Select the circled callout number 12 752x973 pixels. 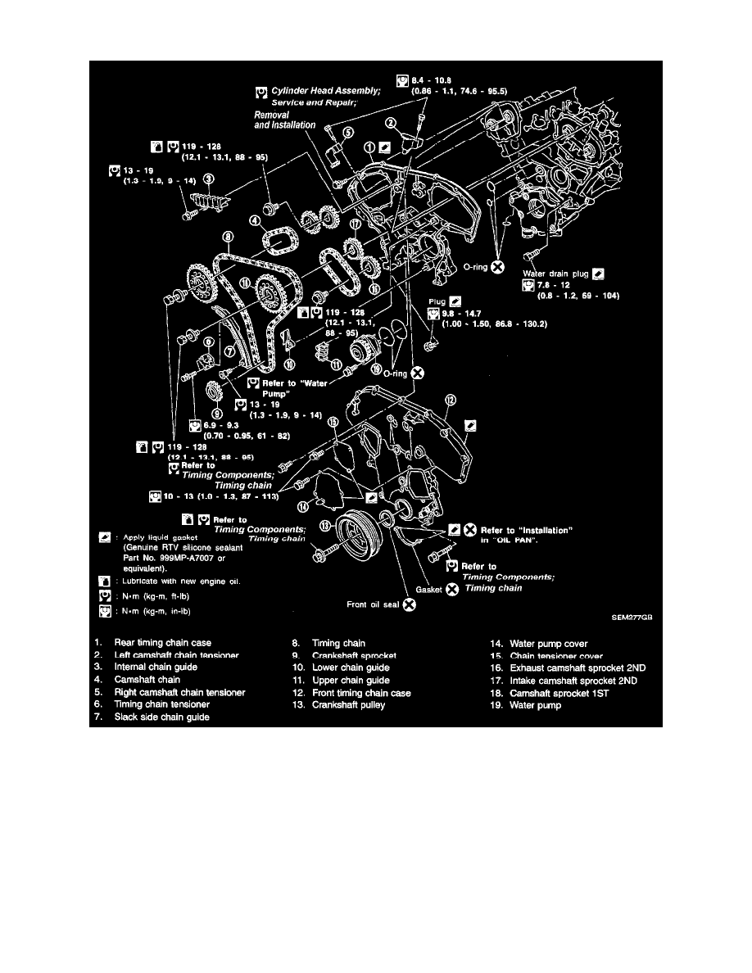click(449, 399)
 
